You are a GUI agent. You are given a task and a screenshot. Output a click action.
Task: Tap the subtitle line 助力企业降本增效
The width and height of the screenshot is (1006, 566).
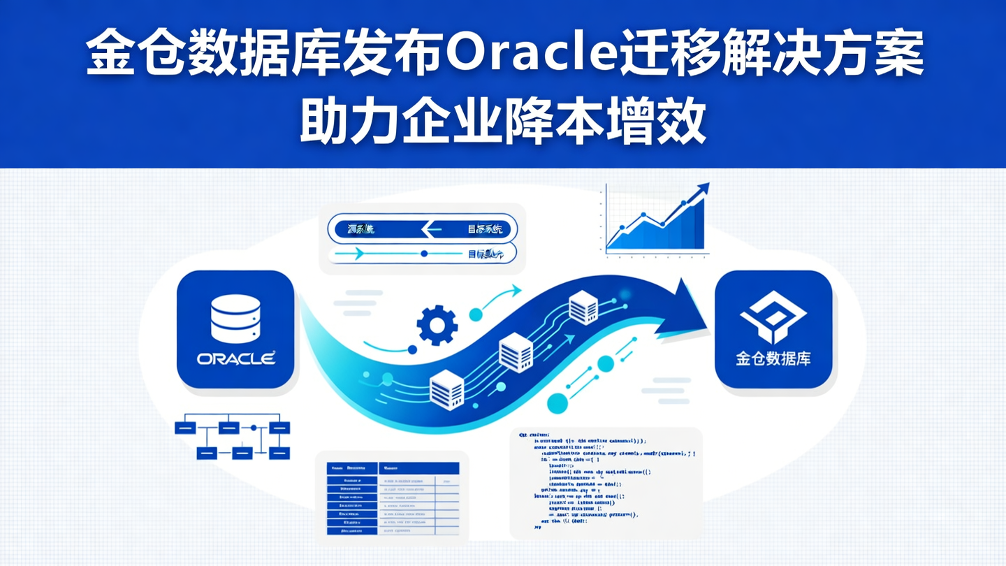[503, 123]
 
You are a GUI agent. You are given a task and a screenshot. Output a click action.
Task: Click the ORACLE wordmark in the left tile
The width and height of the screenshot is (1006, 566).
[235, 358]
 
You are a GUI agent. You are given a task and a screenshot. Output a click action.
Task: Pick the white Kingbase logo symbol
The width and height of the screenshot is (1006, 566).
[773, 318]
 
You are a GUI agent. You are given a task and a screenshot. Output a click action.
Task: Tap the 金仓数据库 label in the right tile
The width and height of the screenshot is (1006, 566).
[773, 359]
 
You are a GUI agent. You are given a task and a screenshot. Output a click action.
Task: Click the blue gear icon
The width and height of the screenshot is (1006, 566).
[437, 325]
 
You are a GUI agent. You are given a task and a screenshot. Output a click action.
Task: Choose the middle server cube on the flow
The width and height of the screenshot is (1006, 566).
[516, 351]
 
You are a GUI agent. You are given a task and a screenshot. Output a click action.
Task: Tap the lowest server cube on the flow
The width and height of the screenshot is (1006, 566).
[447, 389]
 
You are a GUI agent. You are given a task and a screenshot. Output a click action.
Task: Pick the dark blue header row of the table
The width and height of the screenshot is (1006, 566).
[393, 468]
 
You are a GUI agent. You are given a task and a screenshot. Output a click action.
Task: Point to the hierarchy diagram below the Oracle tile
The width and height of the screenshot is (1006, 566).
[233, 439]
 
